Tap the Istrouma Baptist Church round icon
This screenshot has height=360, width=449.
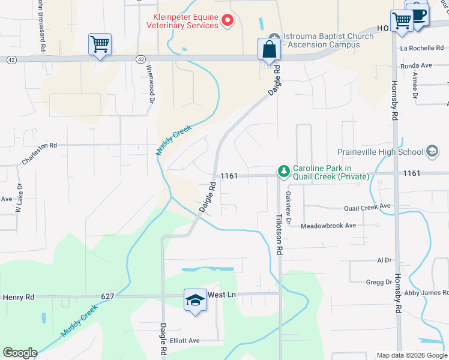coord(274,37)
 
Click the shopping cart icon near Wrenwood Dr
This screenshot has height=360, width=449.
coord(100,44)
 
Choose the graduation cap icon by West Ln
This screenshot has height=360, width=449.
coord(195,299)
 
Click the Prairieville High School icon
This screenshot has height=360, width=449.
coord(432,152)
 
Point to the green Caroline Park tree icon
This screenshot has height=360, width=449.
coord(283,172)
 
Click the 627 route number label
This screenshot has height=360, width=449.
coord(108,296)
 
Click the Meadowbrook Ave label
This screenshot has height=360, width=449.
coord(328,226)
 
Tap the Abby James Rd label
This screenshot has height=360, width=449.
coord(426,293)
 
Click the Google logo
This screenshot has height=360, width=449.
coord(20,353)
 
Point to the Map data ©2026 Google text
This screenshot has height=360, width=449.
coord(411,355)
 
